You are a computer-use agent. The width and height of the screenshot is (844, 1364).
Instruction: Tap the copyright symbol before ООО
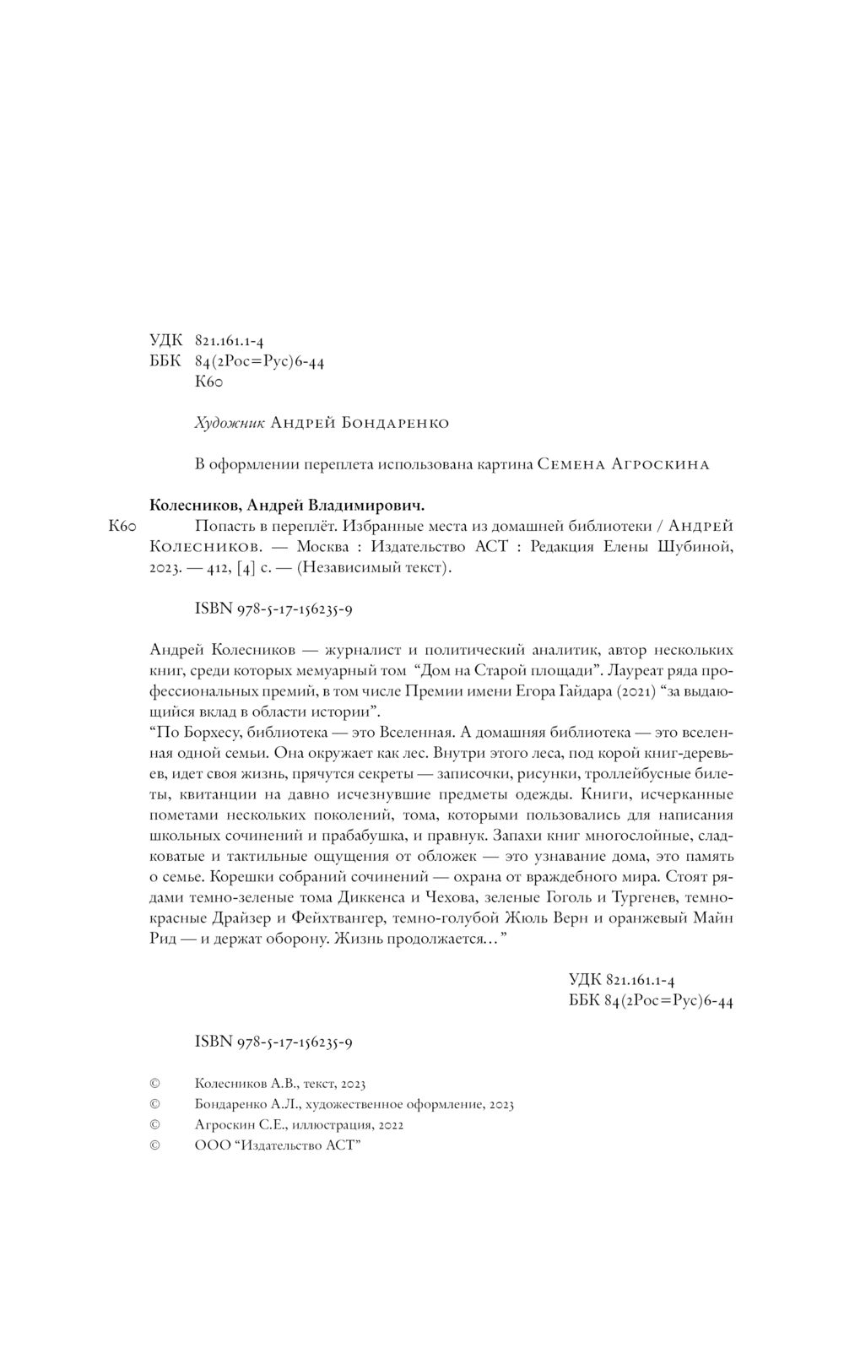click(x=154, y=1146)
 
